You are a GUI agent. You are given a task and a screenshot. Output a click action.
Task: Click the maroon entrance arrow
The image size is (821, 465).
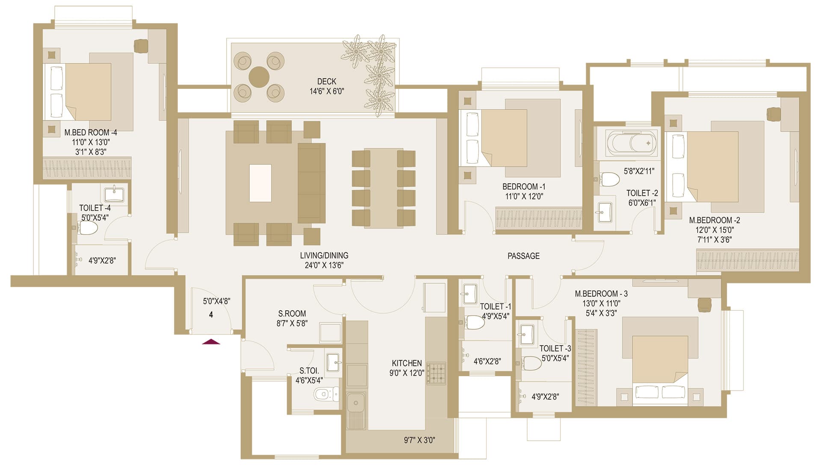coord(211,341)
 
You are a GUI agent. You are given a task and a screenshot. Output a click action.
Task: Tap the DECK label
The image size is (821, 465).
coord(327,81)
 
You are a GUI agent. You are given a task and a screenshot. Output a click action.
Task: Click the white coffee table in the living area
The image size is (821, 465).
coord(260,183)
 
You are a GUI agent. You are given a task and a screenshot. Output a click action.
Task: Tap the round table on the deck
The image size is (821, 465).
coord(259,77)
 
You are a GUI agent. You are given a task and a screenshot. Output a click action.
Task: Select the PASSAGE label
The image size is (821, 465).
coord(523,256)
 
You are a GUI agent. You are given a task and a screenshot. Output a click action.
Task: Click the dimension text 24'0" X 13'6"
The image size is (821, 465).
coord(324,265)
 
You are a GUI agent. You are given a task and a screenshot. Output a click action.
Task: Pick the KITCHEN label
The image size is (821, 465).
coord(407,363)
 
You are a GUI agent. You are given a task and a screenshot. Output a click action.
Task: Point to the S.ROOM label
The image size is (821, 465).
coord(292,314)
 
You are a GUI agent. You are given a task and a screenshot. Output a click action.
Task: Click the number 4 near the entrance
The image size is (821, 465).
coord(211,315)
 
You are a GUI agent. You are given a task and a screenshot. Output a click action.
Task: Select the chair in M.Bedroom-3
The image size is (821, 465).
coord(704,305)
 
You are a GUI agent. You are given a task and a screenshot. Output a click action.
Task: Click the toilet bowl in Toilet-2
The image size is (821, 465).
coord(609,179)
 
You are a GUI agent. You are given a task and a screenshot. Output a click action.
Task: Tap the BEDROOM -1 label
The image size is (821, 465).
coord(524,187)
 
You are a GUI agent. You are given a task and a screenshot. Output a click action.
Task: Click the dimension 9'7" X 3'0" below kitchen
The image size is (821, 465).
coord(419,440)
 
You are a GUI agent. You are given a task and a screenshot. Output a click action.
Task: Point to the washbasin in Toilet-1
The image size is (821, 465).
coord(470,292)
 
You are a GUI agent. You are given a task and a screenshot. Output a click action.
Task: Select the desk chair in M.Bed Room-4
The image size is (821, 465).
coord(141,46)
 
